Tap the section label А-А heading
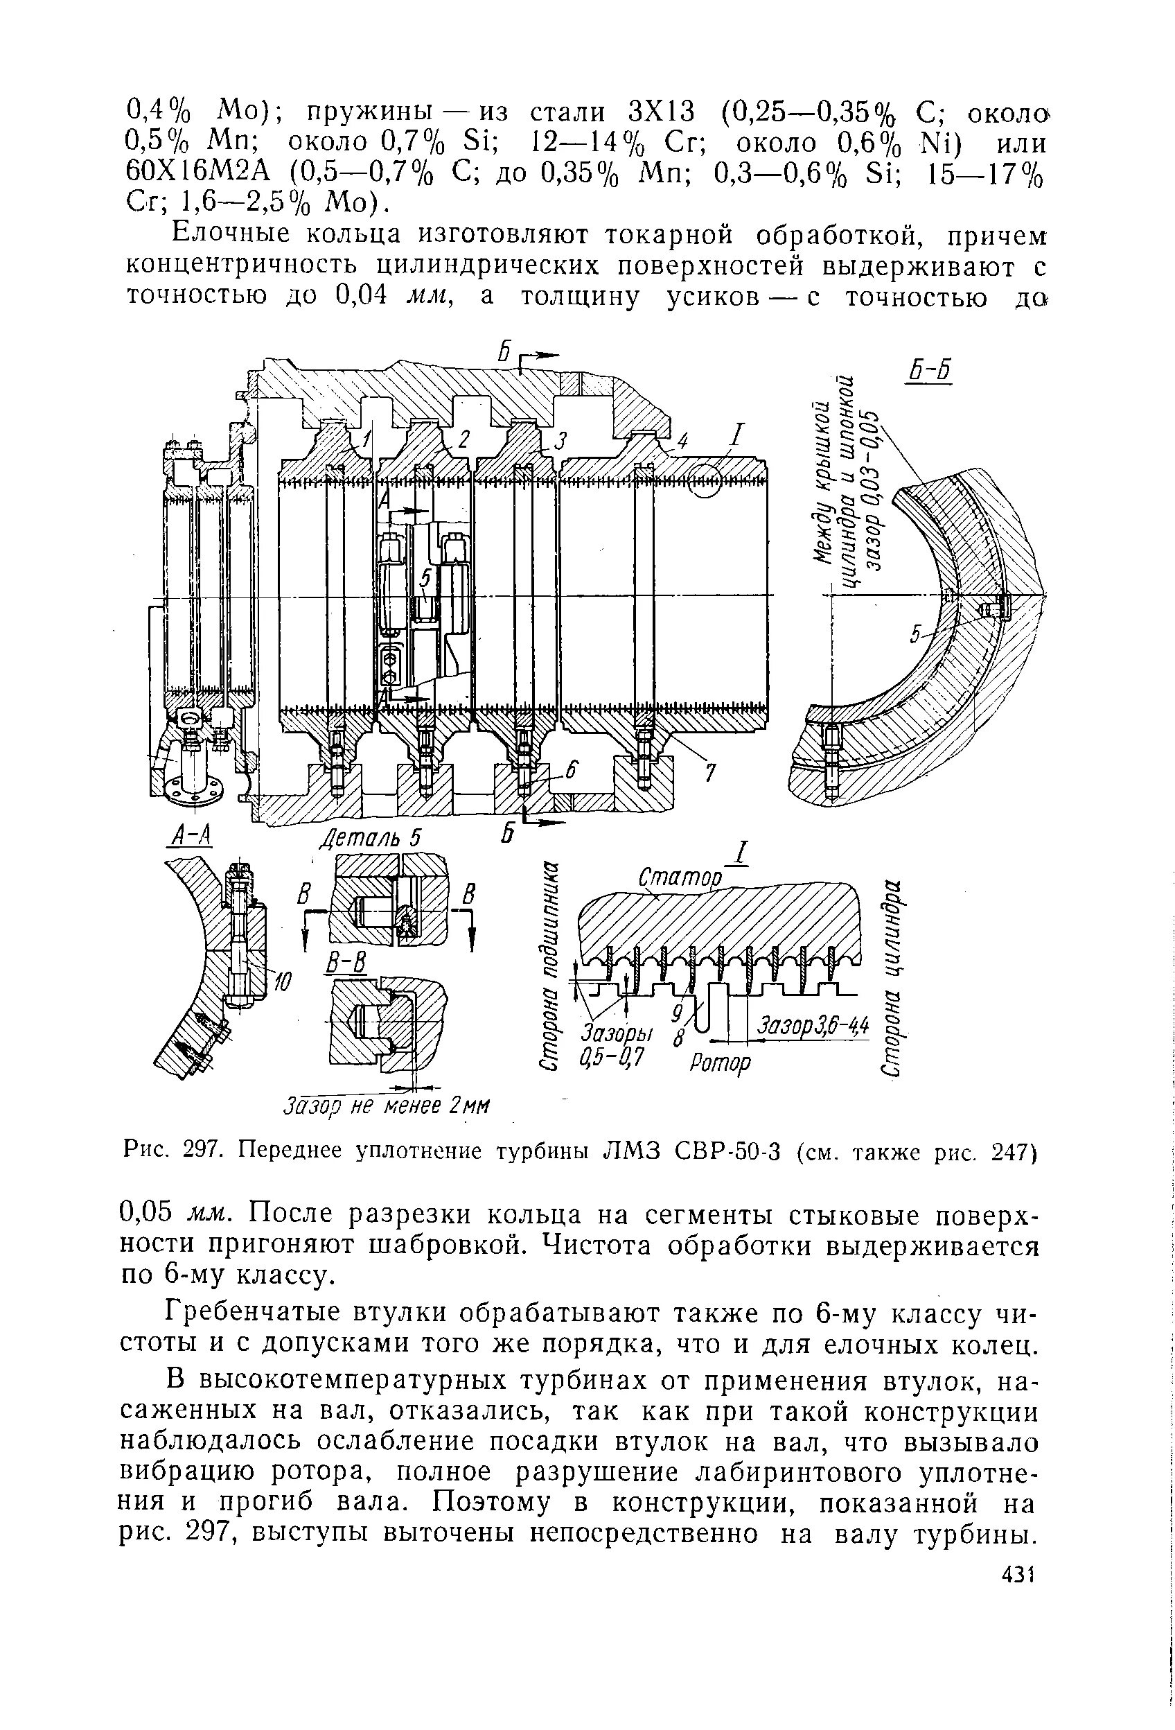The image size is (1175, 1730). tap(188, 837)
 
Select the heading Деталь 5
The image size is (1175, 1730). tap(370, 838)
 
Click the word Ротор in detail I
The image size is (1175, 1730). tap(721, 1062)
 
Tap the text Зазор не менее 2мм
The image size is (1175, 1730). tap(387, 1104)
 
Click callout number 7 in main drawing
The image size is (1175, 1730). tap(710, 774)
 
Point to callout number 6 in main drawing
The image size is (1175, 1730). tap(571, 772)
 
